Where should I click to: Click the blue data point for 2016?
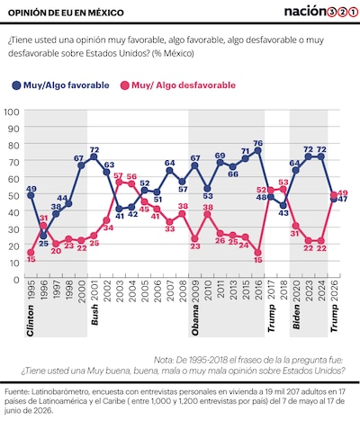pyautogui.click(x=257, y=150)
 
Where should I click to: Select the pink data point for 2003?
pyautogui.click(x=119, y=183)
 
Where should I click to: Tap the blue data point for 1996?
pyautogui.click(x=43, y=236)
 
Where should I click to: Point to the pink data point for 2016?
pyautogui.click(x=257, y=253)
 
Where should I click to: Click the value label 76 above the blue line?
pyautogui.click(x=258, y=142)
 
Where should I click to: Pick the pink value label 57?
pyautogui.click(x=119, y=174)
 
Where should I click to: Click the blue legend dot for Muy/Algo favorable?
pyautogui.click(x=16, y=85)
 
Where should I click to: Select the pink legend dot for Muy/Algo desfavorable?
pyautogui.click(x=124, y=85)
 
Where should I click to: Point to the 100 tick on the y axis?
pyautogui.click(x=12, y=112)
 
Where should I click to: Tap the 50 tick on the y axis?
pyautogui.click(x=13, y=195)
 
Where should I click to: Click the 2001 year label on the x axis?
pyautogui.click(x=94, y=290)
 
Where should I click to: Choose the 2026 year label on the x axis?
pyautogui.click(x=334, y=290)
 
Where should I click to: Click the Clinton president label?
pyautogui.click(x=31, y=320)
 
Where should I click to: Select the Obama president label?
pyautogui.click(x=195, y=320)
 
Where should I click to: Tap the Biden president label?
pyautogui.click(x=296, y=317)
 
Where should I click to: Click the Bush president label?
pyautogui.click(x=94, y=315)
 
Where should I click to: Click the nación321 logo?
pyautogui.click(x=321, y=12)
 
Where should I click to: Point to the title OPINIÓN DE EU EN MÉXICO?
pyautogui.click(x=66, y=13)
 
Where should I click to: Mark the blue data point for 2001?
pyautogui.click(x=94, y=157)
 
